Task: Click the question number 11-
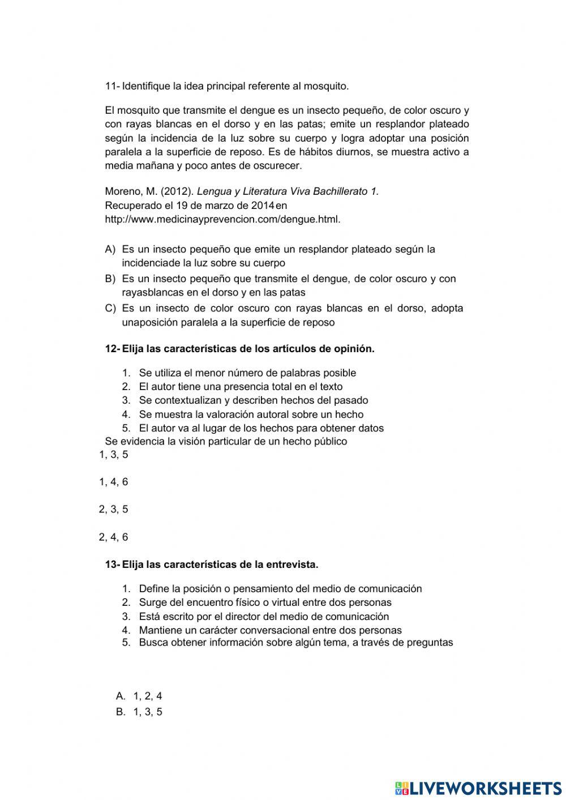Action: coord(112,87)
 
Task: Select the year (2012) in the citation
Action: coord(175,192)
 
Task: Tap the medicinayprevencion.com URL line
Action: coord(222,220)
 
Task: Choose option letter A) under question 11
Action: coord(110,250)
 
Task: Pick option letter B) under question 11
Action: coord(110,279)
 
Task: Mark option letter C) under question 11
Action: coord(110,309)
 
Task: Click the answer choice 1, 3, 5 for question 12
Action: coord(114,455)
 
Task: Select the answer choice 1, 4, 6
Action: coord(114,482)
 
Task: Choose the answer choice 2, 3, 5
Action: coord(114,510)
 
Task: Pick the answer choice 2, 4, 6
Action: coord(114,537)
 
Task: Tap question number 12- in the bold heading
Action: coord(112,349)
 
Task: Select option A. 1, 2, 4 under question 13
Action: coord(139,696)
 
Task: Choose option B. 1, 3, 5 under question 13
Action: coord(139,712)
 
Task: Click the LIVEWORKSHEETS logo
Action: coord(478,788)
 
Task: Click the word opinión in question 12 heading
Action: coord(355,349)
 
